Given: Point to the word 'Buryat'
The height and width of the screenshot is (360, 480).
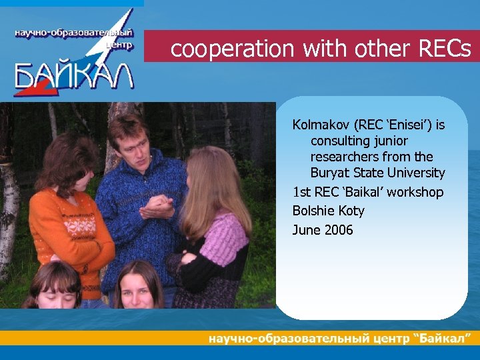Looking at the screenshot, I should (x=330, y=173).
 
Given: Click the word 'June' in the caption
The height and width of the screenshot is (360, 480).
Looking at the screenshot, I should (x=306, y=230).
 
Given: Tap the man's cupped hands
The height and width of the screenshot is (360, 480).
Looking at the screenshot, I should (x=159, y=212).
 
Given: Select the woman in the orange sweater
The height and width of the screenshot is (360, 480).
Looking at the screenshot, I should (x=63, y=213).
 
